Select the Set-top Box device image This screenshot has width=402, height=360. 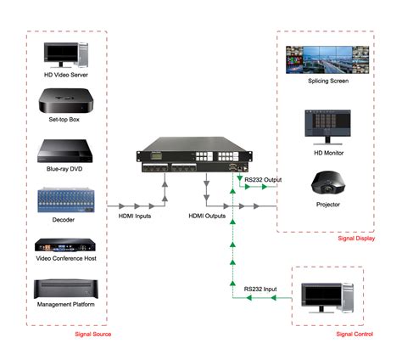point(66,105)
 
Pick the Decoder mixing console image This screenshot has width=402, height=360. point(66,201)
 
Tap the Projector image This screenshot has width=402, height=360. point(327,183)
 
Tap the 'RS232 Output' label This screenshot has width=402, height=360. point(264,180)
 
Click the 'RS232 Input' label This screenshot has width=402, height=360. point(261,290)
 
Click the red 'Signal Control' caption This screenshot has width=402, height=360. point(354,335)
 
